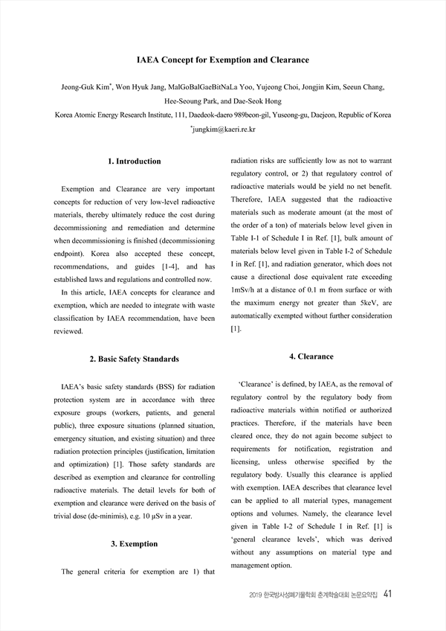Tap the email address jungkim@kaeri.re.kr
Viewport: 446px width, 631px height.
tap(224, 129)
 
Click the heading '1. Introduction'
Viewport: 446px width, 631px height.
tap(135, 161)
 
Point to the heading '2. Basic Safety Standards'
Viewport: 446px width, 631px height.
tap(135, 359)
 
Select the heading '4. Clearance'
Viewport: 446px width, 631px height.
tap(311, 356)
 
